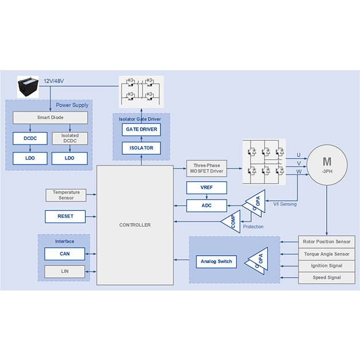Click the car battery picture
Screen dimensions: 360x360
coord(30,87)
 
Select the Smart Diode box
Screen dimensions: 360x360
coord(50,118)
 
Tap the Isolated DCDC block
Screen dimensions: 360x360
coord(69,138)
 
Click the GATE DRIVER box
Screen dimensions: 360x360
coord(141,129)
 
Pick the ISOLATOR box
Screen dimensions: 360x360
coord(141,148)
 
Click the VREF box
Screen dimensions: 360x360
coord(206,187)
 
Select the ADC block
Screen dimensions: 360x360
coord(206,205)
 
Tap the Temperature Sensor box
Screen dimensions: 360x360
coord(66,195)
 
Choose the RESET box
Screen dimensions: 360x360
coord(66,216)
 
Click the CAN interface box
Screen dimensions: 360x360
coord(65,253)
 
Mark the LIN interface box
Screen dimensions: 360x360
coord(65,271)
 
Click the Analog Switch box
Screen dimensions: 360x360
coord(216,261)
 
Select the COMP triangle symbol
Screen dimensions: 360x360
coord(231,222)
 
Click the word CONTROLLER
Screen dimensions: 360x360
coord(135,225)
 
